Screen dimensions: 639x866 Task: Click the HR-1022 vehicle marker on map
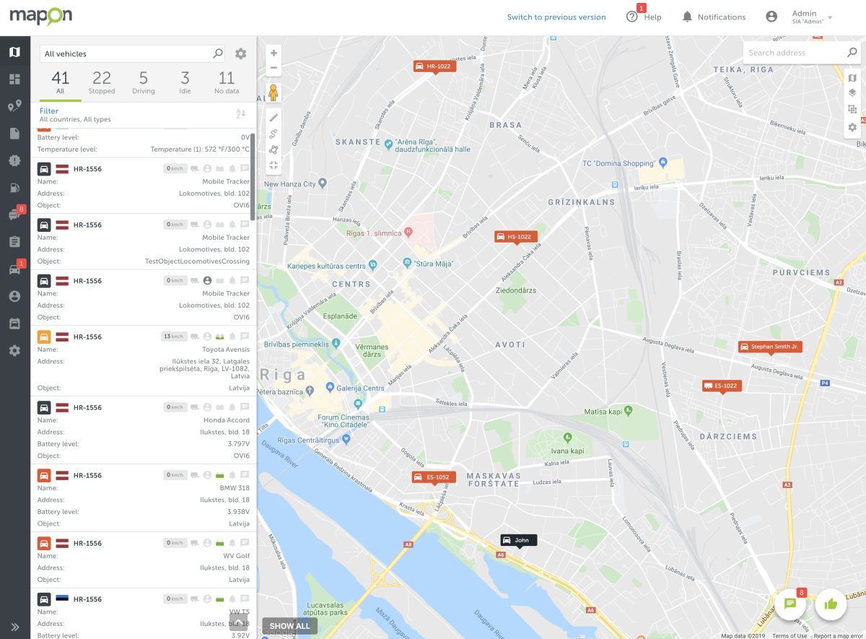(x=434, y=66)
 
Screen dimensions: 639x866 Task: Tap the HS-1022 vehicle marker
(x=515, y=237)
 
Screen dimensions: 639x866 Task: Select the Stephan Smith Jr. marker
(x=770, y=347)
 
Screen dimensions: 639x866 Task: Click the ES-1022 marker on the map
(x=722, y=386)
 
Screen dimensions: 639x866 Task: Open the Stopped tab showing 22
(x=102, y=82)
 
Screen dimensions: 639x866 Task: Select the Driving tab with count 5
(x=144, y=82)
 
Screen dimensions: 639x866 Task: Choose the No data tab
(x=227, y=82)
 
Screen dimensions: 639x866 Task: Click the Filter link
(x=49, y=111)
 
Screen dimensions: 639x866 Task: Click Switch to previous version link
(x=556, y=17)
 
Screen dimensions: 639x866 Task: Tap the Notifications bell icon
(x=687, y=17)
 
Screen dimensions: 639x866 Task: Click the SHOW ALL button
(x=289, y=626)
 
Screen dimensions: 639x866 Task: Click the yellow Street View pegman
(x=274, y=93)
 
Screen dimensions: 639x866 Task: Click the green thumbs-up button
(x=831, y=604)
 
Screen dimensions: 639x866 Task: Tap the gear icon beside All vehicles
(x=241, y=53)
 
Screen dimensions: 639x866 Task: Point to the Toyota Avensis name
(x=226, y=349)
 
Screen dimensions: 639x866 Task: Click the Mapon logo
(x=40, y=17)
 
